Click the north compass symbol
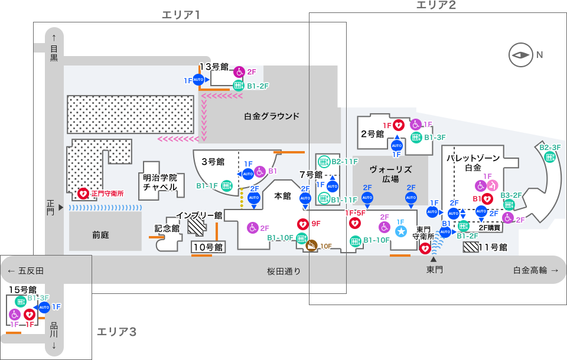click(520, 55)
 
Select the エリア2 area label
click(436, 5)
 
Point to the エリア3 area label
click(116, 332)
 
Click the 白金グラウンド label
click(272, 116)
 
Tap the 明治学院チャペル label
click(160, 182)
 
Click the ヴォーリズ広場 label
click(390, 174)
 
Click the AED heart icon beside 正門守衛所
click(83, 193)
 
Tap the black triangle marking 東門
click(434, 259)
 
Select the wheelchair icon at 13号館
click(239, 71)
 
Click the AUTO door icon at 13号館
click(199, 80)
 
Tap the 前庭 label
click(100, 235)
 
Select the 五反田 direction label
click(26, 271)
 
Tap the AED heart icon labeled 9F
click(302, 224)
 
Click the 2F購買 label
click(489, 227)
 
